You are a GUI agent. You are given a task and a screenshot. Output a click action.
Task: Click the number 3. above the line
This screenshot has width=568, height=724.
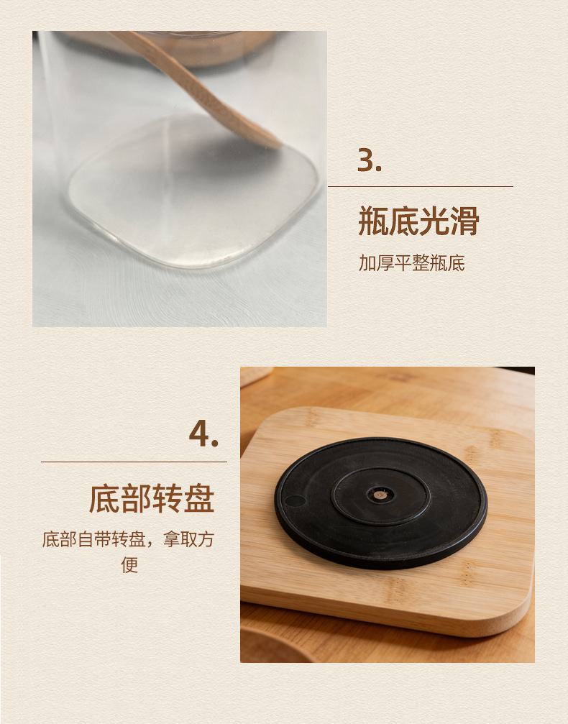click(x=370, y=160)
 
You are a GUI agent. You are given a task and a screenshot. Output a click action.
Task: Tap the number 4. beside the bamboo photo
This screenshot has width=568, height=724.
click(x=203, y=434)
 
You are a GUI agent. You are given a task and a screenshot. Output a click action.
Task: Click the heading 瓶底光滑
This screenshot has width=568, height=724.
click(x=418, y=221)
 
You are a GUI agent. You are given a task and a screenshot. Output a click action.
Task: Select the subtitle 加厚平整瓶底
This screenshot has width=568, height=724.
click(x=411, y=263)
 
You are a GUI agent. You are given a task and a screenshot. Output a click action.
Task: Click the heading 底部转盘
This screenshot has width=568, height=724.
click(x=152, y=499)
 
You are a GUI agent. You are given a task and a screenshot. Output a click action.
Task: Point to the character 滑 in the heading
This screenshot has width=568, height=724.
click(x=464, y=221)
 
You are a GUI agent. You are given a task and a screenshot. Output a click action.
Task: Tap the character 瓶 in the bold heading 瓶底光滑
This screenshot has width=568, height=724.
click(x=373, y=221)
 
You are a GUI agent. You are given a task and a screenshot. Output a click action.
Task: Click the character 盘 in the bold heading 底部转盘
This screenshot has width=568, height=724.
click(x=199, y=499)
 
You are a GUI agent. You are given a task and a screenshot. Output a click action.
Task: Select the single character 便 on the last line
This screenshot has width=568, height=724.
click(x=129, y=564)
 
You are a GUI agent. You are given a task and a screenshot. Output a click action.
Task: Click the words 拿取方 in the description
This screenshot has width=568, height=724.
click(x=188, y=539)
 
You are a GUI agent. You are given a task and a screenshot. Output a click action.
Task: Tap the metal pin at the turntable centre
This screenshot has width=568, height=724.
click(x=380, y=495)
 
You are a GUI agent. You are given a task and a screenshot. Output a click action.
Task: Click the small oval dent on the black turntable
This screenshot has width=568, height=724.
click(x=295, y=500)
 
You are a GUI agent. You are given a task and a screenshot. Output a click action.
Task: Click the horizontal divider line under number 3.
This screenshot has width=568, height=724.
click(x=420, y=186)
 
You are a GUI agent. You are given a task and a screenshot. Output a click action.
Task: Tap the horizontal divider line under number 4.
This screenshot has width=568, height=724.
click(x=134, y=462)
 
